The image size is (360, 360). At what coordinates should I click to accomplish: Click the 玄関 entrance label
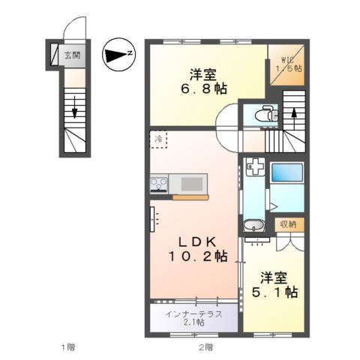(73, 55)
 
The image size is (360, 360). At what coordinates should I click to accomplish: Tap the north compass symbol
(118, 54)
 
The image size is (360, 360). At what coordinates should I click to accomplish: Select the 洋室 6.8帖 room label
(204, 81)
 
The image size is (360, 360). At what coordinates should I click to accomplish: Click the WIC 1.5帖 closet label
(289, 64)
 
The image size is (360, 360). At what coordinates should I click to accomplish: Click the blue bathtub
(287, 172)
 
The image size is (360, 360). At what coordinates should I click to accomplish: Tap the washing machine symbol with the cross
(255, 166)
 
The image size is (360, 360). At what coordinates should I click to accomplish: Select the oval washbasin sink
(254, 226)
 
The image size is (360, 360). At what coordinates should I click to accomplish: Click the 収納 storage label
(289, 224)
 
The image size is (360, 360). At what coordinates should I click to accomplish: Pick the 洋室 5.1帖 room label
(274, 284)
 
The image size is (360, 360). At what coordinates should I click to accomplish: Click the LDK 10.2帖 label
(198, 249)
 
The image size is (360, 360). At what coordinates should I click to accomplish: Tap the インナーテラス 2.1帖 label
(193, 318)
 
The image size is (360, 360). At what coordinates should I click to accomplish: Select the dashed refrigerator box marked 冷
(158, 139)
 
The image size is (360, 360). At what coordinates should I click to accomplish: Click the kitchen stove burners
(159, 184)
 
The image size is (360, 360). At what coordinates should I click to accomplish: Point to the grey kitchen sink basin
(192, 184)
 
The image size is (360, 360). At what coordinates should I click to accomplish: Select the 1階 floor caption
(68, 346)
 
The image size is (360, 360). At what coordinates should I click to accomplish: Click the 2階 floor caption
(206, 346)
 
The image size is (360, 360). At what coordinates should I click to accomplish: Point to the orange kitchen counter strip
(190, 197)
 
